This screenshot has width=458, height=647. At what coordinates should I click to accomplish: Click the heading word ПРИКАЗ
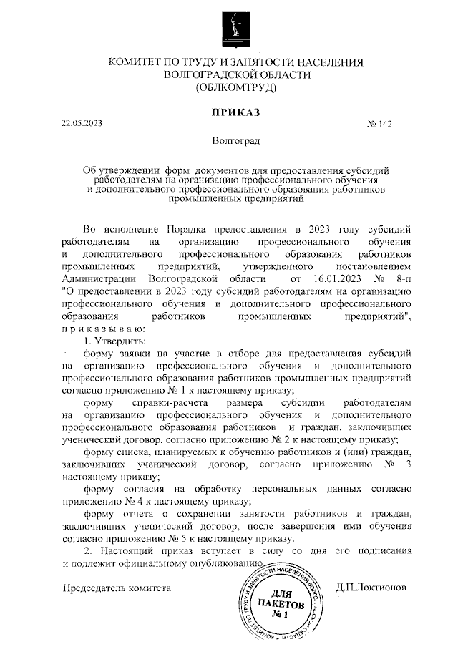(235, 112)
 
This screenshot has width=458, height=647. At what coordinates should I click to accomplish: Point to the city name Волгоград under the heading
(236, 142)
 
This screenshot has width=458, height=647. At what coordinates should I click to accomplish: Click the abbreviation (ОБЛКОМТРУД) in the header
(235, 88)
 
